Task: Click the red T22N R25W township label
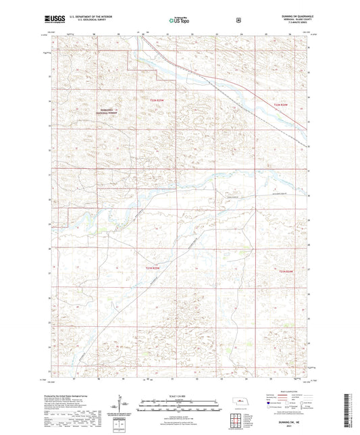[157, 101]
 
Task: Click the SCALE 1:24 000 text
[179, 396]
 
